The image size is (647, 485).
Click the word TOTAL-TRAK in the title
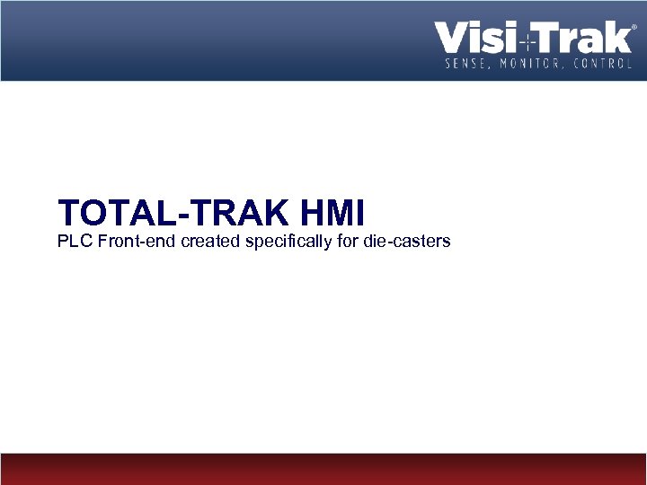[x=173, y=214]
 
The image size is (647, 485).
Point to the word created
[x=210, y=241]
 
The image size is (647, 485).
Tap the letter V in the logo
[x=449, y=39]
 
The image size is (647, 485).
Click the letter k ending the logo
[x=619, y=39]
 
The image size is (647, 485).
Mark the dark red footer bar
[x=323, y=469]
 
